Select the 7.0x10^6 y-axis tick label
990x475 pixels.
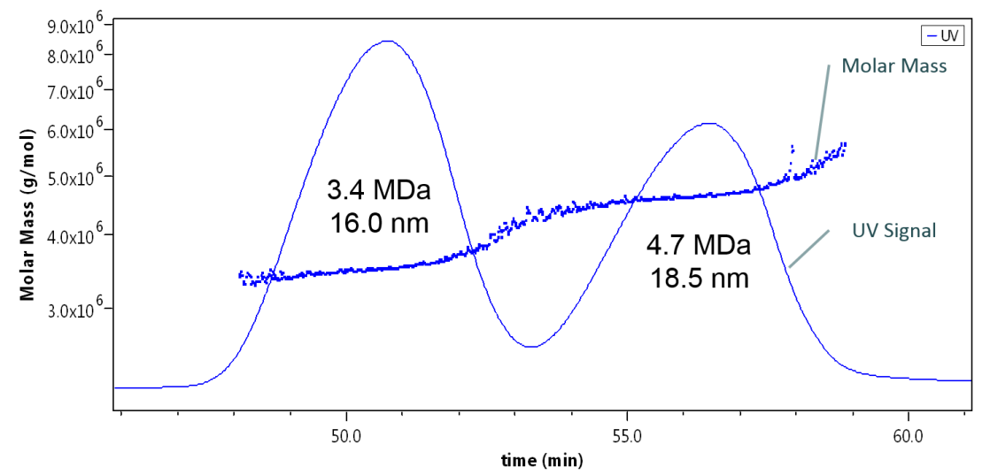75,90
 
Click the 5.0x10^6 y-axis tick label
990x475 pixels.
75,177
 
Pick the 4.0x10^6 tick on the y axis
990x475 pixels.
75,235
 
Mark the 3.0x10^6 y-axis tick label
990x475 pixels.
75,310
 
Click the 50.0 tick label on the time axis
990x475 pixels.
345,436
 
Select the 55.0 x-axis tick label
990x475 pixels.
627,436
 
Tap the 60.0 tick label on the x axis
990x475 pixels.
909,436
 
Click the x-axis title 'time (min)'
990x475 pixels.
541,460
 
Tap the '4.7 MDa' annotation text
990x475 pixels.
699,245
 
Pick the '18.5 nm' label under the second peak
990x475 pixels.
699,278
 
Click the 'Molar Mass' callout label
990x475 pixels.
893,65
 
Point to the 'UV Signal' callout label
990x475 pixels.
894,231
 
